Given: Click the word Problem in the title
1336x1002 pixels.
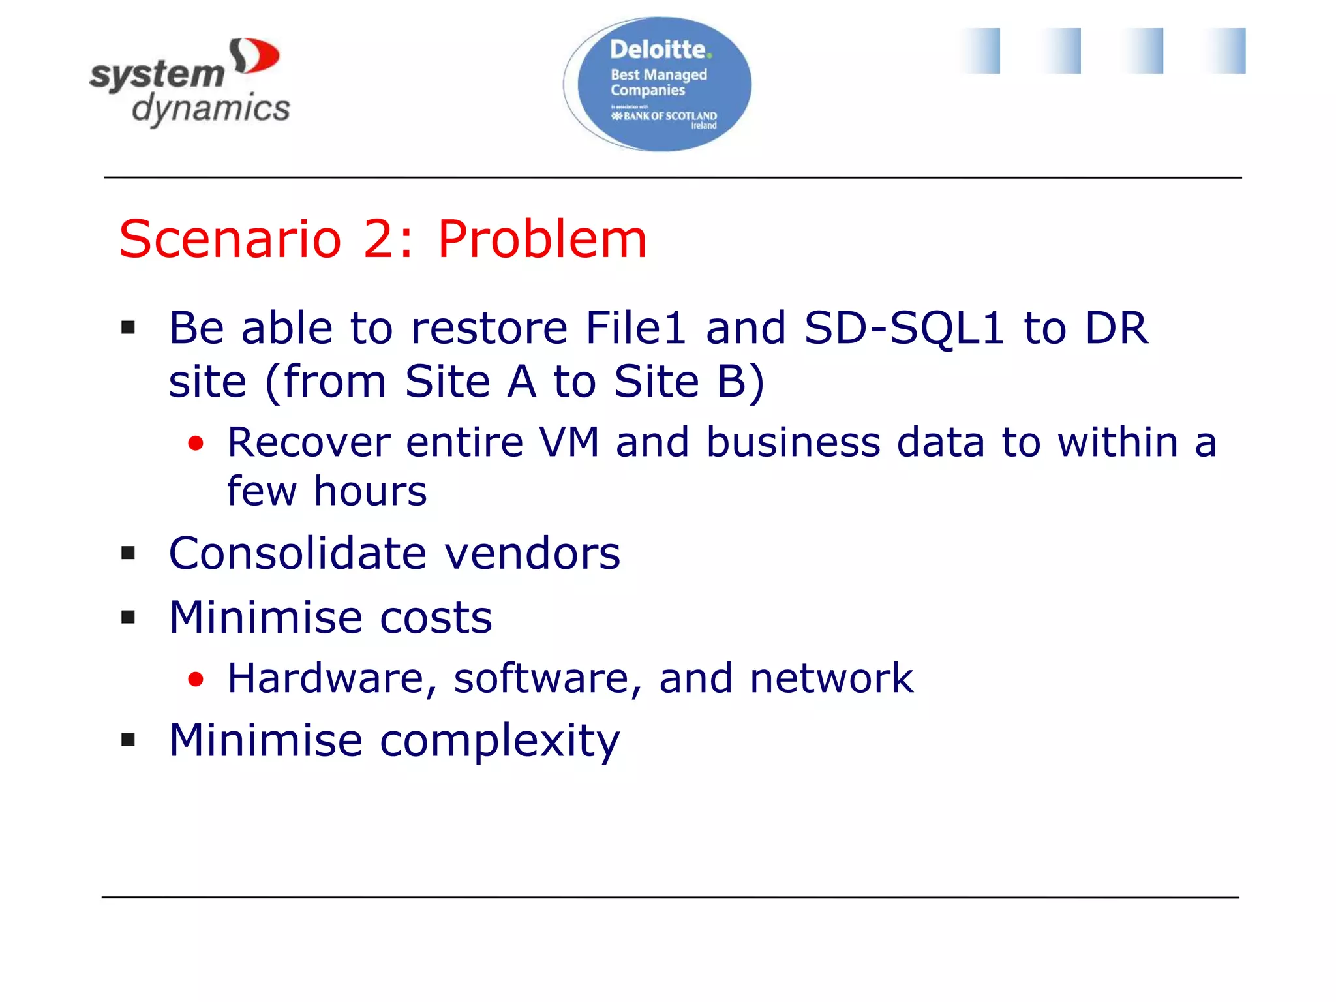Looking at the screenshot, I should [x=541, y=239].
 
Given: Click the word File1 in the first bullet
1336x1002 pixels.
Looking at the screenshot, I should [x=635, y=327].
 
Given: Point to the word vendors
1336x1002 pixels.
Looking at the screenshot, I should [x=532, y=554].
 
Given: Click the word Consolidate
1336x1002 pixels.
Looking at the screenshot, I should [x=297, y=554].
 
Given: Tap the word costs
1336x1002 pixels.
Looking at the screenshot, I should [x=436, y=617].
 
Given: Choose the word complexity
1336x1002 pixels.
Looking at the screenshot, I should [x=500, y=741].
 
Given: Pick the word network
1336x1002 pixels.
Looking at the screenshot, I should [x=831, y=678].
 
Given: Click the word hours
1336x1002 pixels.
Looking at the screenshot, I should [x=370, y=491].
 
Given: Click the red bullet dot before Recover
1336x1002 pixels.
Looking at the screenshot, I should [x=196, y=444].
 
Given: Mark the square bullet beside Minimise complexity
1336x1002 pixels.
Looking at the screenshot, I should [x=128, y=740].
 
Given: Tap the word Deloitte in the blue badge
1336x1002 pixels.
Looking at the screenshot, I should [x=658, y=50].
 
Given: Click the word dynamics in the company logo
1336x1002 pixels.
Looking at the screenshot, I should [x=211, y=108].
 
